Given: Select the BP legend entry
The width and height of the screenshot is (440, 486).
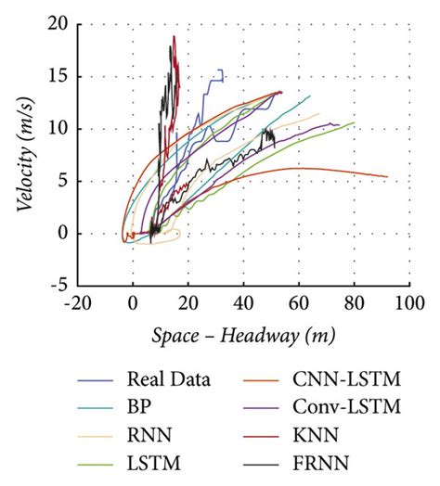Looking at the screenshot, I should tap(136, 406).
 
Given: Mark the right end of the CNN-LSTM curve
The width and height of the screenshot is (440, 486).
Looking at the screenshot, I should tap(387, 177).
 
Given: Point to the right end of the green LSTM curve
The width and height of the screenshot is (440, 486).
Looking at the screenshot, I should tap(355, 122).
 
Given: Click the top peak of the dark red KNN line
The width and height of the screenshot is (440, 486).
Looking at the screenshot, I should tap(174, 37).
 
